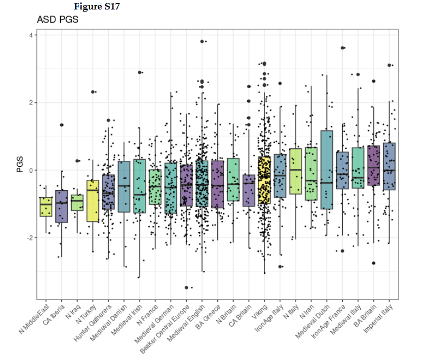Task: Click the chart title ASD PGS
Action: [x=58, y=20]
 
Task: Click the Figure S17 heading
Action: [x=97, y=6]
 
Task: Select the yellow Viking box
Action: [x=264, y=180]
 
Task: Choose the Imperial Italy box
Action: [x=389, y=166]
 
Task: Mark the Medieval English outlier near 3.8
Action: [x=202, y=41]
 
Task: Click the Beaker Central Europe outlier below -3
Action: [x=186, y=287]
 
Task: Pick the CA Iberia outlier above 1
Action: [x=62, y=124]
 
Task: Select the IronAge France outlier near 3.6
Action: [x=343, y=48]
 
